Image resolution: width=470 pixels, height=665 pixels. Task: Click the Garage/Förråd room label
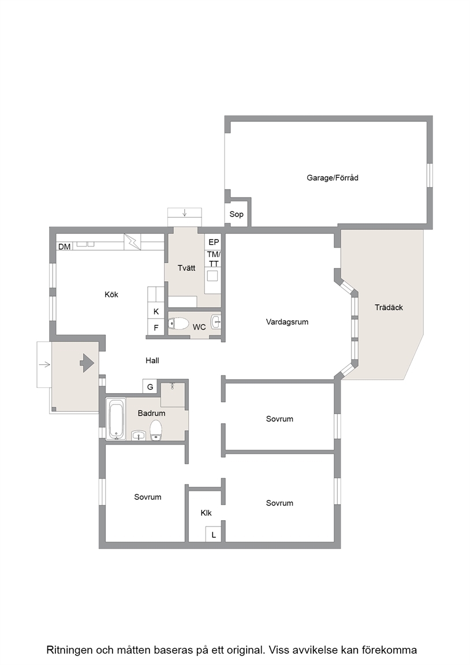pos(333,178)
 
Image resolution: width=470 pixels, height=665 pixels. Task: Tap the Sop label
pos(236,214)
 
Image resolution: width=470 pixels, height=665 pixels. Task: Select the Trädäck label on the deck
pos(389,308)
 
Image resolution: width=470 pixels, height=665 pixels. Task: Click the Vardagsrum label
pos(287,322)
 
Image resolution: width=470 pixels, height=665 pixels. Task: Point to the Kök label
pos(111,294)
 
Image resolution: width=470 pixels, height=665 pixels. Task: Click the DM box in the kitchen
pos(65,246)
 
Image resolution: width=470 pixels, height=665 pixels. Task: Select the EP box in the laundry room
pos(214,242)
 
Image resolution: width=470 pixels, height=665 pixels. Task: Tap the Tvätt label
pos(186,268)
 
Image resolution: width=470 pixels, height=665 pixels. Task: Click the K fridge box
pos(156,311)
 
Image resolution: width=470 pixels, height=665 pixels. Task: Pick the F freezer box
pos(156,327)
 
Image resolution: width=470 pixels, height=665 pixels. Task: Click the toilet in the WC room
pos(178,324)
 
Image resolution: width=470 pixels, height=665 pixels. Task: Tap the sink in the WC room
pos(216,322)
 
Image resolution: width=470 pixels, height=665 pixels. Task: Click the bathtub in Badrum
pos(116,419)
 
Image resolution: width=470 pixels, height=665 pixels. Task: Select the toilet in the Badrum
pos(156,431)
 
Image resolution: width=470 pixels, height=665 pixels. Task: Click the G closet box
pos(150,387)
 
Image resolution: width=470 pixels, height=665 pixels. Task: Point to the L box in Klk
pos(214,535)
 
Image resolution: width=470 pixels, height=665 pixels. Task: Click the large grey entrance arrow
pos(87,363)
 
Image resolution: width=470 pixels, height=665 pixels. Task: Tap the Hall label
pos(152,360)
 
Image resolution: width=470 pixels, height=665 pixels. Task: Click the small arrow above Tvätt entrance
pos(185,212)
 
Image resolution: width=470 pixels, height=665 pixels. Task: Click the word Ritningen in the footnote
pos(69,650)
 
